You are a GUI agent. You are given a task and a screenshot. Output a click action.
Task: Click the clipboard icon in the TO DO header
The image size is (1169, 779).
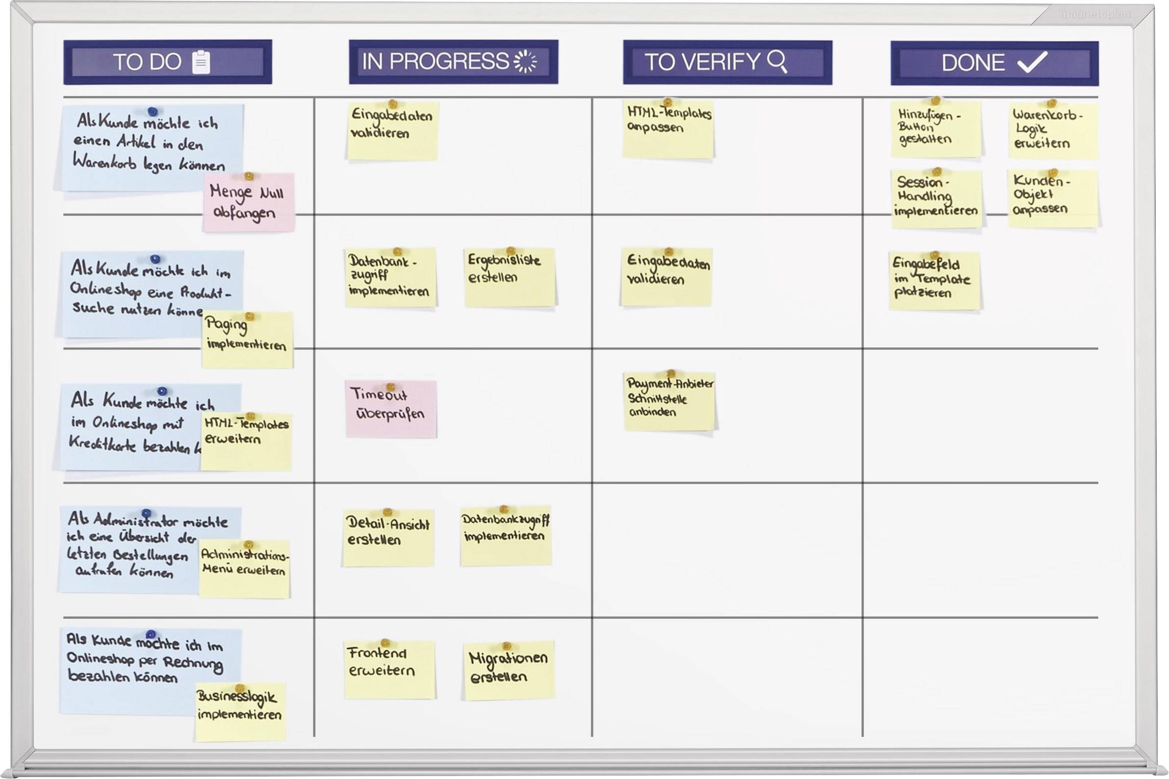tap(201, 63)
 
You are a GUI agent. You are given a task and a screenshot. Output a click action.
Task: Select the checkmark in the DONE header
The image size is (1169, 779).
tap(1032, 63)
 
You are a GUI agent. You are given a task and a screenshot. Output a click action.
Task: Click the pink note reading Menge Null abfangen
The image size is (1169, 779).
tap(248, 203)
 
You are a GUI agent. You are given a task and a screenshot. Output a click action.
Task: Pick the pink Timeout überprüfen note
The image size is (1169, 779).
tap(391, 410)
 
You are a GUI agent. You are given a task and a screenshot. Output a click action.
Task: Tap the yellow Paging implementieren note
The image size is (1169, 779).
tap(247, 341)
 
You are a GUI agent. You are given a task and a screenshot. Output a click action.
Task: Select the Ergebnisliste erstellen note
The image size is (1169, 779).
tap(509, 277)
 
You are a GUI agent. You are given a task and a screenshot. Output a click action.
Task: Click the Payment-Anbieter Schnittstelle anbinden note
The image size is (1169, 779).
tap(669, 401)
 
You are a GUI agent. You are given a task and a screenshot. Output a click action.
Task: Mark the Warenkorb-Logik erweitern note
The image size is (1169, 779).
tap(1052, 132)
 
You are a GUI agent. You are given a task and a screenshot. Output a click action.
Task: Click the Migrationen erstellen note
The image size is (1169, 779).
tap(508, 671)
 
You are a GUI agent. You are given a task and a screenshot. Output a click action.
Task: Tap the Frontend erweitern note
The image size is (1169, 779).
tap(389, 670)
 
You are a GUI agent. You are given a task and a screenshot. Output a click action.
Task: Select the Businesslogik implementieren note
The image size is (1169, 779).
tap(240, 712)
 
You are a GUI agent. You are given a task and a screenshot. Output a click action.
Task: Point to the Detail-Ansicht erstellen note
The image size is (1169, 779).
tap(388, 538)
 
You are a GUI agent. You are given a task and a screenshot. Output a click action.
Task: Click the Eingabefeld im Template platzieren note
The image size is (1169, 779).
tap(934, 281)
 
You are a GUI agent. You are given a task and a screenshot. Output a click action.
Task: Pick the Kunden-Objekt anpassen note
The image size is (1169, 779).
tap(1052, 199)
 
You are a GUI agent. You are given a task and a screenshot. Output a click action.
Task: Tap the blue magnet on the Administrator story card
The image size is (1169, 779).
tap(146, 512)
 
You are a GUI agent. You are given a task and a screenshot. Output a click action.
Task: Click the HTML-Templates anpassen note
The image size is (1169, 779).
tap(668, 130)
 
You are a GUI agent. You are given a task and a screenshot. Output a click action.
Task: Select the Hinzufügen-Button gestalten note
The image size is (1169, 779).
tap(935, 130)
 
